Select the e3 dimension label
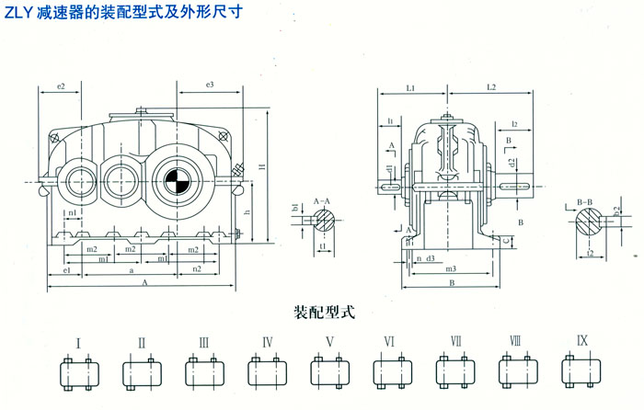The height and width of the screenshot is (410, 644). point(210,85)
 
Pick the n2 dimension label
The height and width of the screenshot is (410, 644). point(195,270)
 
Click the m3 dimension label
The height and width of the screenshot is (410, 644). point(450,269)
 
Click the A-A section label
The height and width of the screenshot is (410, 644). point(322,199)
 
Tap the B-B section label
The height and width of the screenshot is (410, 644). point(583,199)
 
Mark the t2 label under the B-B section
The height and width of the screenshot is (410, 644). point(589,252)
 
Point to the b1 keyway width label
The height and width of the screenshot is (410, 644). point(295,208)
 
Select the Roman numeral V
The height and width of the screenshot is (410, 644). point(328,342)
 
